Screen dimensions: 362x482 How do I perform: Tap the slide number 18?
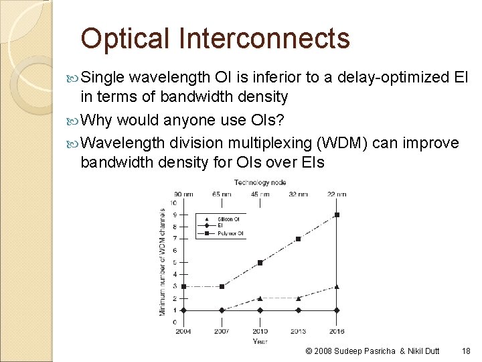tap(466, 351)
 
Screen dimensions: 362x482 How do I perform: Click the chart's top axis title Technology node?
tap(260, 182)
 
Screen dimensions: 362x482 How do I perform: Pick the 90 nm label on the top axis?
tap(183, 194)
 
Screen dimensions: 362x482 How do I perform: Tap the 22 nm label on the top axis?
tap(337, 194)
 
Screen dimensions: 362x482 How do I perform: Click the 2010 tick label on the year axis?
tap(260, 331)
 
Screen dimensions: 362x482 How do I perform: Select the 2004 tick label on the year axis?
tap(183, 331)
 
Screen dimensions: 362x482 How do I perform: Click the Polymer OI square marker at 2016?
tap(337, 215)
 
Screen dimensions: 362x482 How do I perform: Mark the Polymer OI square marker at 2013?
tap(299, 239)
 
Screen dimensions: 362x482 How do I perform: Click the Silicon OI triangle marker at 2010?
tap(260, 298)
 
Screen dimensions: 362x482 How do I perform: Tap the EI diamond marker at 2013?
tap(299, 310)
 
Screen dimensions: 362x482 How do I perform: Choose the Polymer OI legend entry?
tap(225, 234)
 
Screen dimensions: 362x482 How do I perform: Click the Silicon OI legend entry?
tap(225, 219)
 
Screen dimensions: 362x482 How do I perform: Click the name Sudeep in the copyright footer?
tap(348, 351)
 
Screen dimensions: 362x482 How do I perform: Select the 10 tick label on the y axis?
tap(174, 203)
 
